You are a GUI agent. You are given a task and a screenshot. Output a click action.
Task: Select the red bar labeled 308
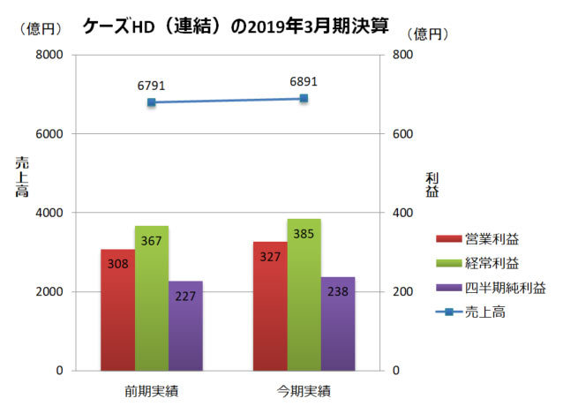coord(117,309)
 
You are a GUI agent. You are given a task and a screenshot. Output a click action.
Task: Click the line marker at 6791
coord(152,102)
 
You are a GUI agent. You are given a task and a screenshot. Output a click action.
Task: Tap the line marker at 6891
coord(304,98)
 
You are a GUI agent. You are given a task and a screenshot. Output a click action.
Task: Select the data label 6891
coord(304,81)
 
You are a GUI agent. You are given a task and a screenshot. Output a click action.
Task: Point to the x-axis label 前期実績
coord(152,389)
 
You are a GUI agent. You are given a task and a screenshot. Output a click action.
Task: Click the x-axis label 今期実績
coord(304,389)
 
